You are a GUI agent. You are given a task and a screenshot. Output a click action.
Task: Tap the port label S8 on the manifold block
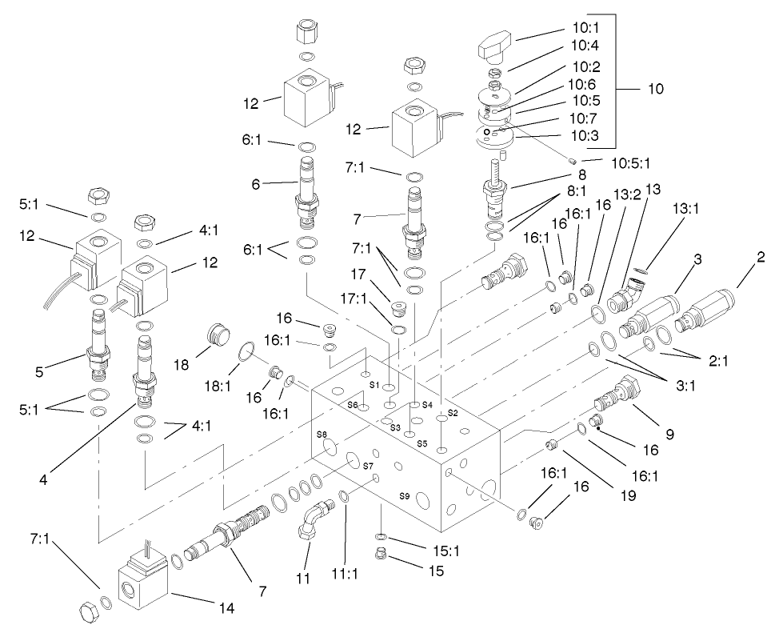coord(322,434)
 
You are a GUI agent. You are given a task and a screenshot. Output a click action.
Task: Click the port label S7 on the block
coord(368,465)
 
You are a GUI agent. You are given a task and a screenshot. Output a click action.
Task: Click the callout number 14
coord(225,607)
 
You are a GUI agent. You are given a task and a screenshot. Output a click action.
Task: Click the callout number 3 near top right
coord(697,258)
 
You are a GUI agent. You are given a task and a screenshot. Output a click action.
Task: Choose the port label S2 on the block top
coord(452,413)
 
